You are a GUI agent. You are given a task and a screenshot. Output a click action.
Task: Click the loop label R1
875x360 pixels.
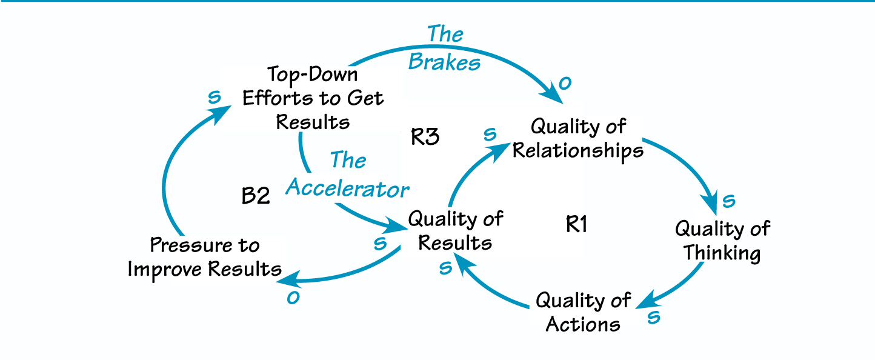click(577, 225)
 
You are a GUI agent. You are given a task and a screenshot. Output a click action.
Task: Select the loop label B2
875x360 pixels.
click(255, 196)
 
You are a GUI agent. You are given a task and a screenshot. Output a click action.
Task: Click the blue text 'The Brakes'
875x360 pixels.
click(445, 48)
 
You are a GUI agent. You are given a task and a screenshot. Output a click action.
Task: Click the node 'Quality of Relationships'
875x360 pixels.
click(577, 139)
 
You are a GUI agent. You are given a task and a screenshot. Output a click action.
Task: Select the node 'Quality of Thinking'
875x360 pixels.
click(722, 241)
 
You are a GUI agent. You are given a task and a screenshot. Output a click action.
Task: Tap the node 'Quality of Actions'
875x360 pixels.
click(583, 312)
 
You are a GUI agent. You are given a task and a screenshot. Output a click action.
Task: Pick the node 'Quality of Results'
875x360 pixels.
click(455, 231)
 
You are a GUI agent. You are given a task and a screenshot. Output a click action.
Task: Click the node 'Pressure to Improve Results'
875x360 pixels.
click(204, 258)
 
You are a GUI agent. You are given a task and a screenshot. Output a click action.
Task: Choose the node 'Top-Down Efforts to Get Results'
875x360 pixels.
click(313, 98)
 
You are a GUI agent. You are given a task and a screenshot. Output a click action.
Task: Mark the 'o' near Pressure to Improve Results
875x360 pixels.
click(293, 298)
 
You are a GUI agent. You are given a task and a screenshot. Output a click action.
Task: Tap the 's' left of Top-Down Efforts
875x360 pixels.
click(213, 98)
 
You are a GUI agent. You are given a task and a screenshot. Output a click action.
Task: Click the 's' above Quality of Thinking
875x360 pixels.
click(729, 200)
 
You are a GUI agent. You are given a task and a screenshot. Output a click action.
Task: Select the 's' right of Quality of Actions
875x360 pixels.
click(653, 317)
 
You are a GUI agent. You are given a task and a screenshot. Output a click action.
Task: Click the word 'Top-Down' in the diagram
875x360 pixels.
click(313, 75)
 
